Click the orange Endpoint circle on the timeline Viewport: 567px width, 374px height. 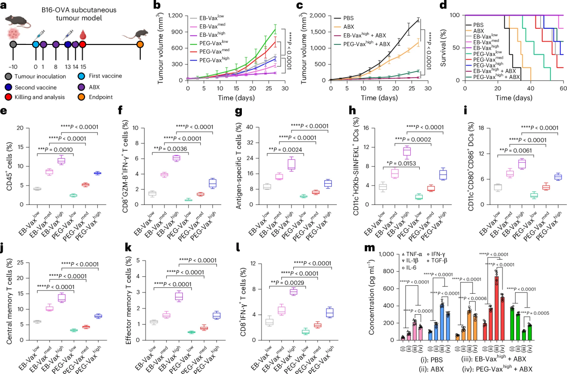pos(140,44)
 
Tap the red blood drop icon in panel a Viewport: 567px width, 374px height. pos(82,34)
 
